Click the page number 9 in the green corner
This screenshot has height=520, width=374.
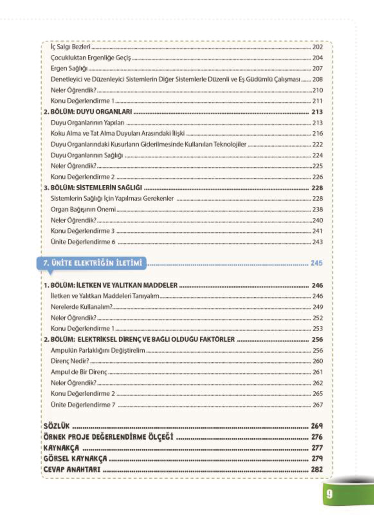coord(329,494)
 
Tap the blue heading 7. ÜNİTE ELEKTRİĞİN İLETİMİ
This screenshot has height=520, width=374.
coord(93,263)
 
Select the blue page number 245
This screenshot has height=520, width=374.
coord(316,263)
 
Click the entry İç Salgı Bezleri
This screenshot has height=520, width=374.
coord(70,47)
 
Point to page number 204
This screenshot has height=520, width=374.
coord(317,58)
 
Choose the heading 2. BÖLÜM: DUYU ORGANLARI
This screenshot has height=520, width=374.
coord(88,112)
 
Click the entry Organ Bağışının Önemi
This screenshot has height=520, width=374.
coord(83,209)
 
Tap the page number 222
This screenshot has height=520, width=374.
coord(317,144)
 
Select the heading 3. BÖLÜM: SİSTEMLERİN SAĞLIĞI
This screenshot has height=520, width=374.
coord(93,188)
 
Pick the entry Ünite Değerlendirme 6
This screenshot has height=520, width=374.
coord(83,242)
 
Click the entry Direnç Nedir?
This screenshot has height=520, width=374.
coord(70,361)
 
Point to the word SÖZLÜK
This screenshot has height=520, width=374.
coord(57,426)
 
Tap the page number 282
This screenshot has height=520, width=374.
coord(317,469)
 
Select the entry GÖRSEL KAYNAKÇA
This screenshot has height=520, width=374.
coord(75,459)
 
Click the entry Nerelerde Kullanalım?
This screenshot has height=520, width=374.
coord(81,307)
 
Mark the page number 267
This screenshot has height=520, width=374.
coord(317,405)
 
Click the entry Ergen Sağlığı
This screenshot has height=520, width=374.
coord(69,69)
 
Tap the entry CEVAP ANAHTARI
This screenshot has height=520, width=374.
coord(72,469)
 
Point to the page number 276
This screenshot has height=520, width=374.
coord(317,437)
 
